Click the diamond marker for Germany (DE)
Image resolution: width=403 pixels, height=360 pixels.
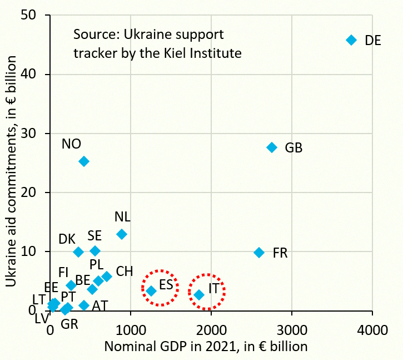[351, 40]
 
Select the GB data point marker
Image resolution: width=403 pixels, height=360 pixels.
[272, 147]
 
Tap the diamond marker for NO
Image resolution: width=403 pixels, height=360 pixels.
[84, 161]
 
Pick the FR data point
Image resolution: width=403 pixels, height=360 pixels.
[259, 253]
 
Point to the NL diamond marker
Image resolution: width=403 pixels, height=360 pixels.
[122, 234]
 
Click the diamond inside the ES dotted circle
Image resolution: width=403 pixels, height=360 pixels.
[151, 291]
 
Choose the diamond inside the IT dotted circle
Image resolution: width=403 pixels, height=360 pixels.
[199, 295]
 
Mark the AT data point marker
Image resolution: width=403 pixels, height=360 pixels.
[84, 305]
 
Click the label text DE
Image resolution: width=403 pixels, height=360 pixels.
[372, 41]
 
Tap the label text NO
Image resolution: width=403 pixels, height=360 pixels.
[71, 144]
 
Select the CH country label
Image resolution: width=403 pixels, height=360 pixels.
[125, 272]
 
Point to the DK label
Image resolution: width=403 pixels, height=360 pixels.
[67, 239]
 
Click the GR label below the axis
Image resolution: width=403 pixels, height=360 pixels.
[69, 324]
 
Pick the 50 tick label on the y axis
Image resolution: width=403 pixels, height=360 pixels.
[28, 15]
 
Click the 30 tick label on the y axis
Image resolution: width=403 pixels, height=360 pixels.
[28, 134]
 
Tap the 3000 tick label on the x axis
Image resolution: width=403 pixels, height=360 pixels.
[292, 330]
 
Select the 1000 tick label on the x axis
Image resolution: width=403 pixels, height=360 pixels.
[131, 330]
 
